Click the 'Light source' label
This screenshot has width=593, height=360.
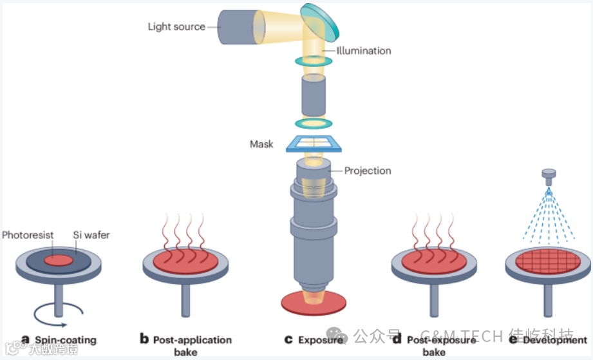point(176,27)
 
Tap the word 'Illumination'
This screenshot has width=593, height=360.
point(363,50)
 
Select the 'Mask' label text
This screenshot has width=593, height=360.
point(261,144)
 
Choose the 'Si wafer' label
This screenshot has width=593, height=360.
point(90,235)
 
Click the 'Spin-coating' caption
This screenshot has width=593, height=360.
point(65,339)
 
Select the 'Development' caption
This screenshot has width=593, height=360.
point(554,339)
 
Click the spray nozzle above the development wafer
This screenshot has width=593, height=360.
point(549,175)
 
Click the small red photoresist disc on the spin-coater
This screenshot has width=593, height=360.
point(58,261)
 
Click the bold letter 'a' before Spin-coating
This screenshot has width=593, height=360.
point(26,339)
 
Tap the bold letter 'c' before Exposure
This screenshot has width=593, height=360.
point(289,339)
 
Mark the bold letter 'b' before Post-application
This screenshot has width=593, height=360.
point(144,339)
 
